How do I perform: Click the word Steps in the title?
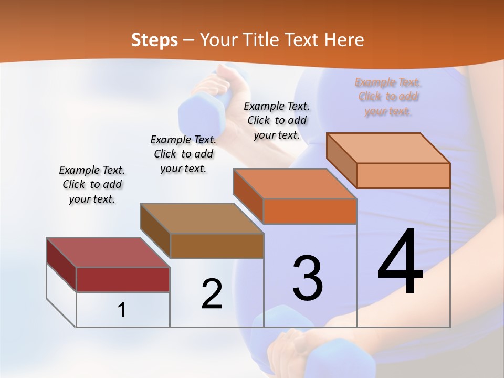coord(154,40)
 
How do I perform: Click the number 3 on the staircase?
coord(307,278)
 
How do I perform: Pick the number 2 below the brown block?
coord(212,294)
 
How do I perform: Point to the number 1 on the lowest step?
coord(122,310)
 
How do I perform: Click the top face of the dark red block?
coord(108,253)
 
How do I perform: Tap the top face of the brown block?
coord(202,218)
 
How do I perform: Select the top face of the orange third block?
coord(295,184)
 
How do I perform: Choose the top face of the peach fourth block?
coord(388,148)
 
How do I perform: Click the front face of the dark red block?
coord(123,279)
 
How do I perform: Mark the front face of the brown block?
coord(217,246)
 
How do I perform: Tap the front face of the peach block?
coord(403,175)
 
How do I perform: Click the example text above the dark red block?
coord(92,184)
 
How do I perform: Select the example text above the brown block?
coord(183,154)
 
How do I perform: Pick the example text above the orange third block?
coord(277,120)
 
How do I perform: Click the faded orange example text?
coord(388,97)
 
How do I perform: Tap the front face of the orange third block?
coord(310,211)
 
